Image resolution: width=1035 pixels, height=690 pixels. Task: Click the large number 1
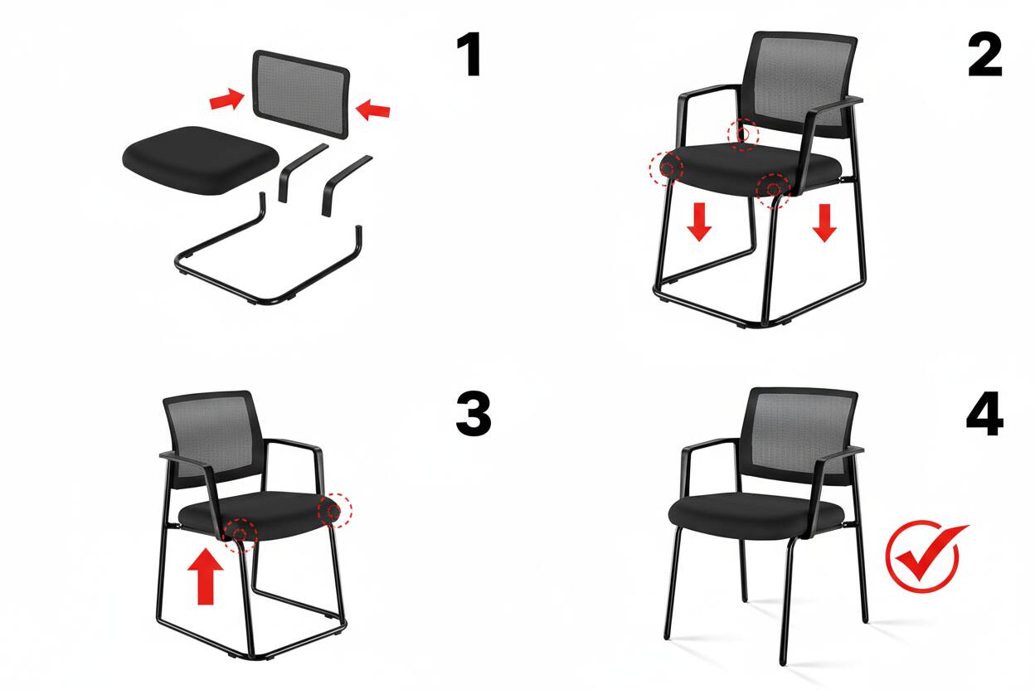[470, 56]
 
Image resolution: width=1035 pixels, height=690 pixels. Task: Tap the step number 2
[984, 56]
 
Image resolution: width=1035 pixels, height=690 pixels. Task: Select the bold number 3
[474, 415]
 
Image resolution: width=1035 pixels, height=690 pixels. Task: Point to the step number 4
[984, 415]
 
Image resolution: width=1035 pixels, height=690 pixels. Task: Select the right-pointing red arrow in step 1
[226, 100]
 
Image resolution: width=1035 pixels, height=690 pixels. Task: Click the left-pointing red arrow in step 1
[372, 109]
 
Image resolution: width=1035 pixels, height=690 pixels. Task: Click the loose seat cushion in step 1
[201, 158]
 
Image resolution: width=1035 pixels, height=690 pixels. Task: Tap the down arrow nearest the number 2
[824, 221]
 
